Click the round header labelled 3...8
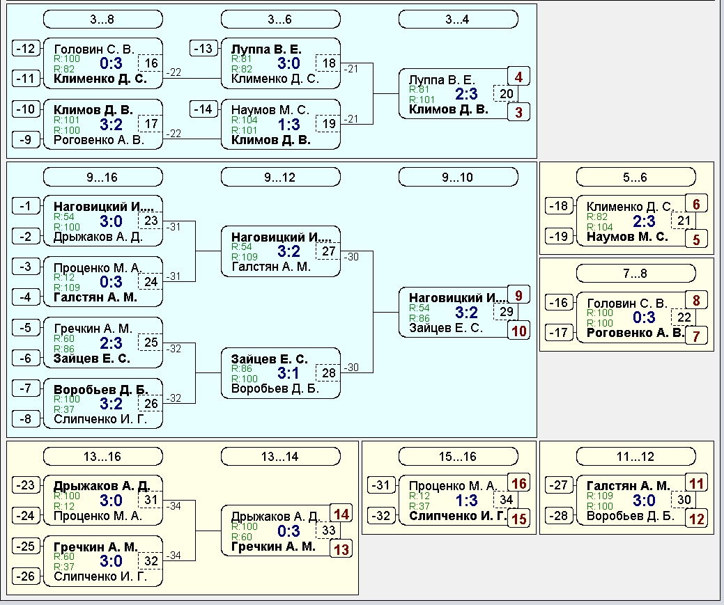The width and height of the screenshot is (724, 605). point(103,19)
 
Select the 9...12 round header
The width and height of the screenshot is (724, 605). point(281,178)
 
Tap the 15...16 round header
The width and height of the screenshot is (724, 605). point(458,457)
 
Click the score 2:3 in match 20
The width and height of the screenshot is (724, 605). point(466,94)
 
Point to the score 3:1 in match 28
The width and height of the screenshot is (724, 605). point(288,373)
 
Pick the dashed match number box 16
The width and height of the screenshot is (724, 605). point(151,63)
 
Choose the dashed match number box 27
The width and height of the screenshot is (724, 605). point(328,251)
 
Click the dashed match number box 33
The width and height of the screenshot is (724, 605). point(328,531)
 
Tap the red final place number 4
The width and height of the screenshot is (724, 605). point(518,77)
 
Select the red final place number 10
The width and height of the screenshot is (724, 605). point(518,331)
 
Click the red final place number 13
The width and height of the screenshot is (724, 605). point(341,549)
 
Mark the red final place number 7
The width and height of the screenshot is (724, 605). point(696,336)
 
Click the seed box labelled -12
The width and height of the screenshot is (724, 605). point(26,49)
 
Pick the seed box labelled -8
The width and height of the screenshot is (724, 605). point(26,419)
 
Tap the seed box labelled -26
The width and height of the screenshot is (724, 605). point(26,576)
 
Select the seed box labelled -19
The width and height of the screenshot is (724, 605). point(559,237)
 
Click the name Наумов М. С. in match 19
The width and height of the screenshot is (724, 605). point(270,110)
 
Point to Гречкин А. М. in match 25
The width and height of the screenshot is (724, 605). point(93,329)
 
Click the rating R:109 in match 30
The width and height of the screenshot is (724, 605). point(600,496)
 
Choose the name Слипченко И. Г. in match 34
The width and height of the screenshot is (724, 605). point(458,516)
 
